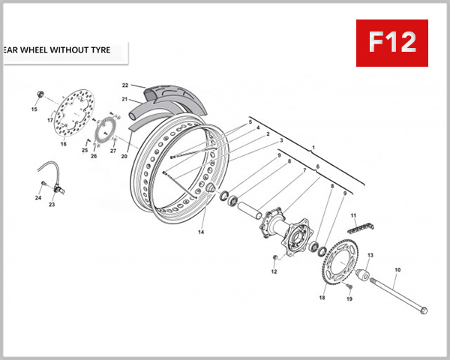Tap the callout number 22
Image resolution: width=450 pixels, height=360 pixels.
pos(125,85)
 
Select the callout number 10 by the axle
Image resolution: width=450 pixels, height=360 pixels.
pos(397,269)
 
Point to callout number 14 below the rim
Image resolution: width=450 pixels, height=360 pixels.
pos(201,232)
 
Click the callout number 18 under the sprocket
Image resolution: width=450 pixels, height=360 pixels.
pos(322,298)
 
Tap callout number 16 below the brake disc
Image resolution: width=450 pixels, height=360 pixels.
pos(63,143)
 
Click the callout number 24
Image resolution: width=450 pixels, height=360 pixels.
pos(37,198)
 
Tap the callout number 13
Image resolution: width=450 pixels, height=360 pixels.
pos(369,256)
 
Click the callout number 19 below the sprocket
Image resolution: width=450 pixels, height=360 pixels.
pos(349,299)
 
